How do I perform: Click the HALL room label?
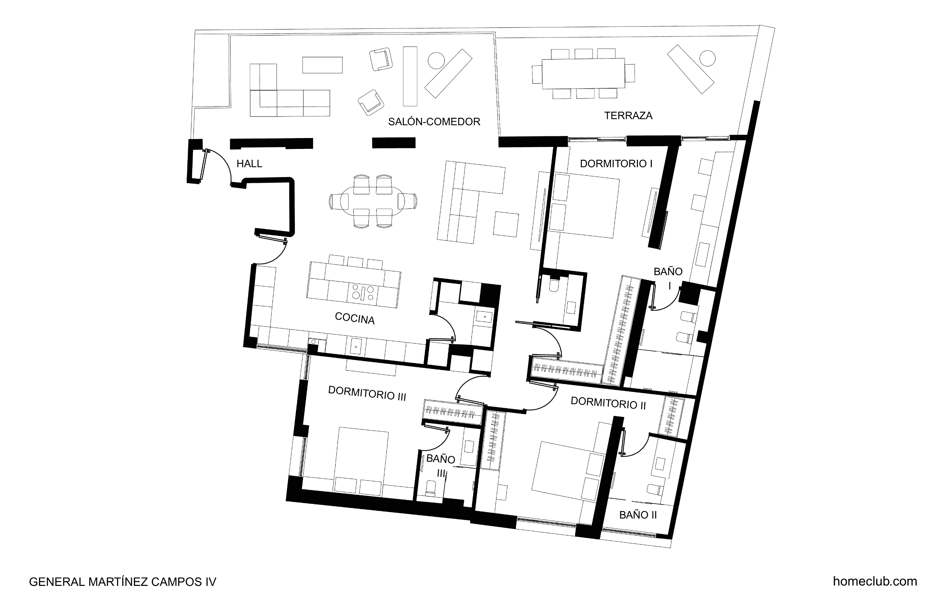[x=249, y=164]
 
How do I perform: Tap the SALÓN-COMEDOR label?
[x=434, y=122]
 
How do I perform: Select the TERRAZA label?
[x=628, y=116]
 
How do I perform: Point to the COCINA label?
[x=355, y=318]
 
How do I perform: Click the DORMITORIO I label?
[x=616, y=164]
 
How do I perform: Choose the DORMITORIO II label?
[x=608, y=403]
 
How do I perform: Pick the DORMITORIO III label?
[x=367, y=393]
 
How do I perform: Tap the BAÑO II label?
[x=638, y=515]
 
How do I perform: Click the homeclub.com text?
[x=875, y=581]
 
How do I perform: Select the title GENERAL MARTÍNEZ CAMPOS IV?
[x=123, y=582]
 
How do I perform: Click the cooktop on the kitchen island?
[x=362, y=293]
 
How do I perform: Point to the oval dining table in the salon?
[x=373, y=201]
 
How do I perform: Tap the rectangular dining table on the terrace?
[x=583, y=73]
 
